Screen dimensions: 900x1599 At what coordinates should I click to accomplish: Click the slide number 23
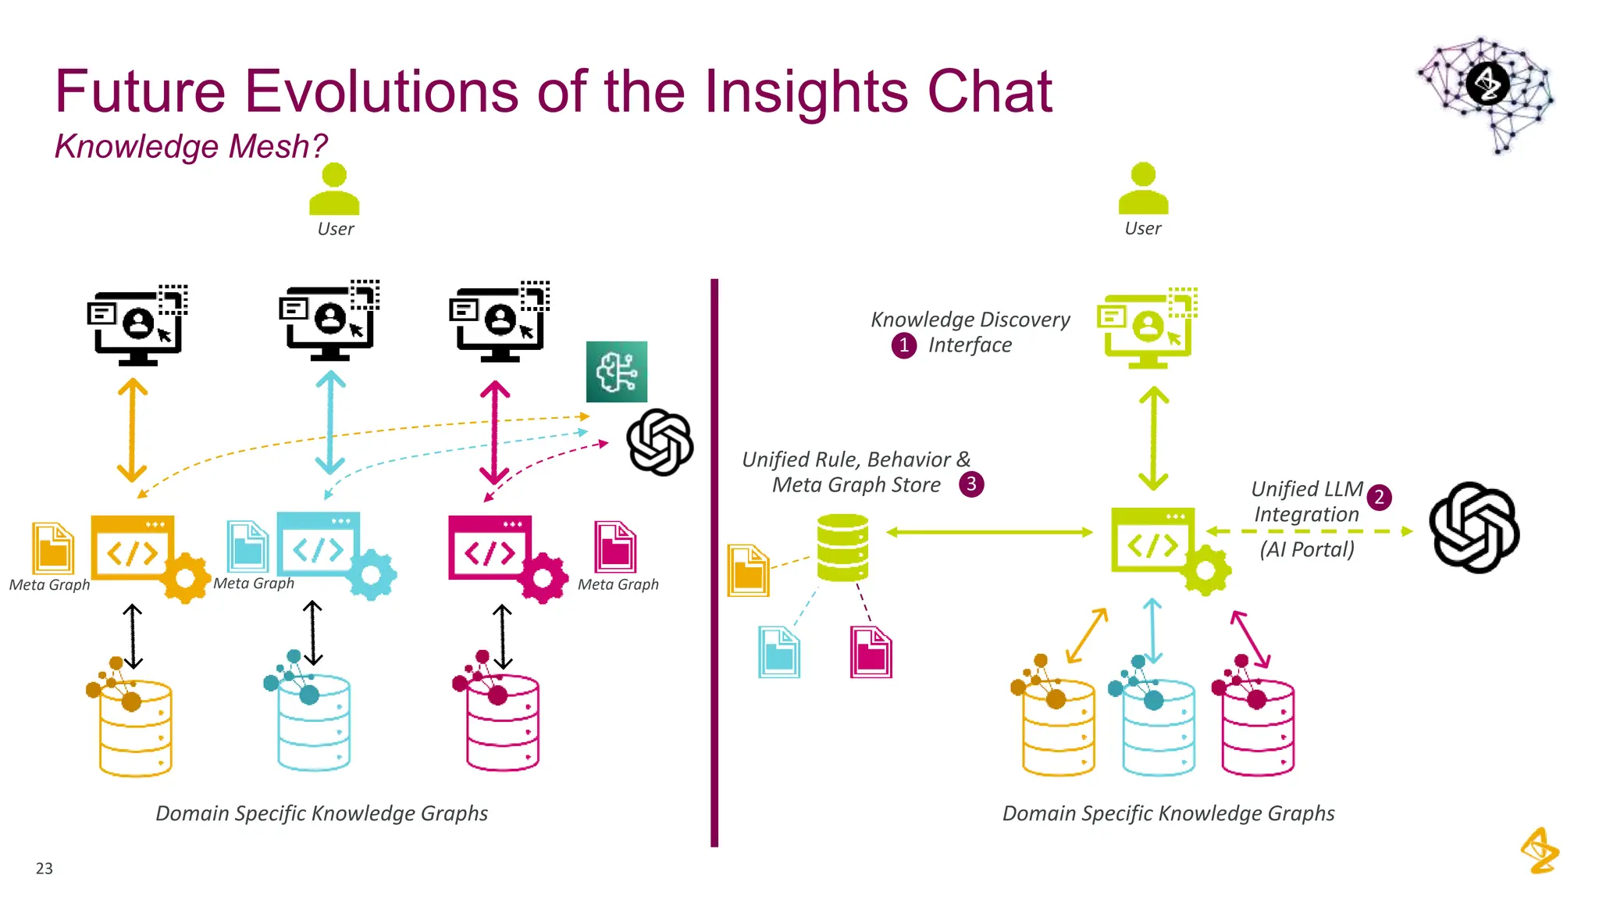click(x=44, y=868)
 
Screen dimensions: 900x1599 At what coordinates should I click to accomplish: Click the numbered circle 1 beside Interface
click(x=903, y=345)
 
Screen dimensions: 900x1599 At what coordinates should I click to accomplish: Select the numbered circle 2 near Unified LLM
click(x=1379, y=498)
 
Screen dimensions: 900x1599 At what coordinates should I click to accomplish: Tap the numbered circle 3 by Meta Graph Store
click(x=970, y=484)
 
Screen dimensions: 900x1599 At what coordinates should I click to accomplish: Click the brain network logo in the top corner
click(x=1487, y=92)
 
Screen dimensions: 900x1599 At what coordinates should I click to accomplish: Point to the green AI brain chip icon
click(x=616, y=372)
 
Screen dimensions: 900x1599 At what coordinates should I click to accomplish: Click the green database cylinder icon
click(x=842, y=547)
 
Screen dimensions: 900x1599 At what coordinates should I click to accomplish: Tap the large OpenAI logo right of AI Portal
click(x=1473, y=527)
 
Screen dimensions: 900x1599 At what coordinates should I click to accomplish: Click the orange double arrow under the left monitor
click(x=132, y=430)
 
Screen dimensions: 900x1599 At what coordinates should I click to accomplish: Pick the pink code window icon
click(x=490, y=548)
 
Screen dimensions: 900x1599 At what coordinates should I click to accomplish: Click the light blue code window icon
click(x=318, y=545)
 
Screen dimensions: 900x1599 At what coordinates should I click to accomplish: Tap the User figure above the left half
click(x=334, y=190)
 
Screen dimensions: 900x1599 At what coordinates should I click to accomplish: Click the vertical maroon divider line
click(x=714, y=562)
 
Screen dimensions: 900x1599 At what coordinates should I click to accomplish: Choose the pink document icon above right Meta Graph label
click(x=614, y=547)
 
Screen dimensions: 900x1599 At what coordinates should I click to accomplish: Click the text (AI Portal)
click(x=1306, y=549)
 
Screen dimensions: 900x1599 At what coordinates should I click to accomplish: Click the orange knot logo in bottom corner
click(x=1539, y=851)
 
